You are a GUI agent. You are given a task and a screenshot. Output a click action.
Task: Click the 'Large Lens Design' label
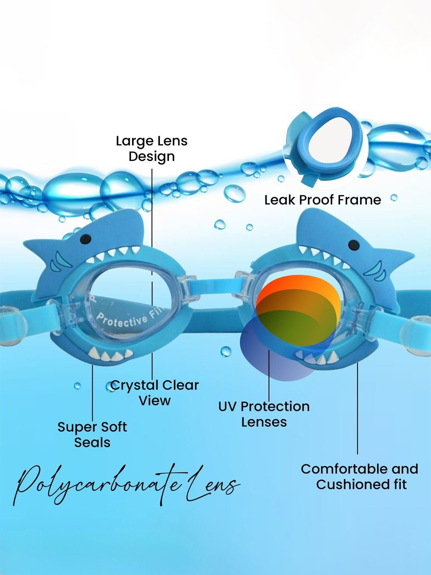[152, 149]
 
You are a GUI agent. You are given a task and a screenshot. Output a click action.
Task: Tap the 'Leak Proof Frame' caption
[322, 200]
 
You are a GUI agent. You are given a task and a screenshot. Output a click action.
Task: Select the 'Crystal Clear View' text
[154, 393]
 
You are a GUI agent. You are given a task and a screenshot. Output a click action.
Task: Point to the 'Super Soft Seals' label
[92, 434]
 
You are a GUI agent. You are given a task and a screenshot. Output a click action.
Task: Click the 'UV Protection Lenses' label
[264, 414]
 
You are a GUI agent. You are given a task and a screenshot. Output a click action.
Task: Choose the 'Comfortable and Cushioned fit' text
[360, 476]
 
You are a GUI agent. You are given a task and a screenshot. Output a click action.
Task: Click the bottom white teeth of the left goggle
[109, 355]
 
